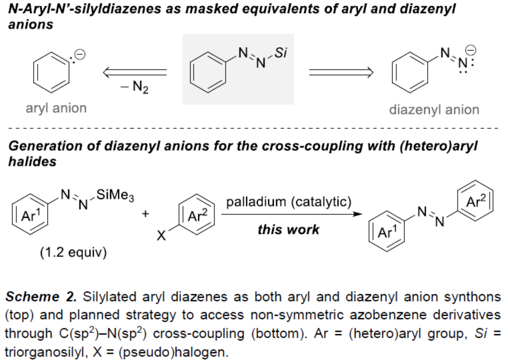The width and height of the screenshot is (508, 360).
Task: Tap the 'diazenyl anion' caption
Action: tap(434, 109)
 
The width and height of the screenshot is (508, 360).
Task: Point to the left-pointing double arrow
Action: tap(135, 72)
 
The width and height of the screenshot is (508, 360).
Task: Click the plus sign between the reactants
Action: tap(145, 214)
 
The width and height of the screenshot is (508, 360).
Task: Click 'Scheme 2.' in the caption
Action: tap(42, 296)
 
